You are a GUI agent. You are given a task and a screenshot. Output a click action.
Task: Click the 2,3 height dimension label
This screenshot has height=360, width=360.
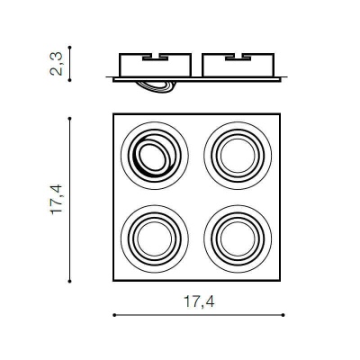[x=56, y=64]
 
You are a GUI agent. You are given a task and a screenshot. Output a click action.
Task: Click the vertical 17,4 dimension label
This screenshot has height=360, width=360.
[x=56, y=199]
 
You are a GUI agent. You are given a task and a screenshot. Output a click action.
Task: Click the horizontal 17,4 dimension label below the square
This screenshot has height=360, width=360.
[x=199, y=301]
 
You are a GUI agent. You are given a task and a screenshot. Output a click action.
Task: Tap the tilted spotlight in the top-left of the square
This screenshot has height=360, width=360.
[x=155, y=156]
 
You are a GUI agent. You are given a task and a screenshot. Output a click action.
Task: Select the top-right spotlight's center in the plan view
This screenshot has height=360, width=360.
[x=238, y=156]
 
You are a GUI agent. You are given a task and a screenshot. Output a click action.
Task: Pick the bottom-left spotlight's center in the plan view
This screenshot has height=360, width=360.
[x=155, y=238]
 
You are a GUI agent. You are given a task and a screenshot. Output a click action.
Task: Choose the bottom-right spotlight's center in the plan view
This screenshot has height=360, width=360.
[x=238, y=238]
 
